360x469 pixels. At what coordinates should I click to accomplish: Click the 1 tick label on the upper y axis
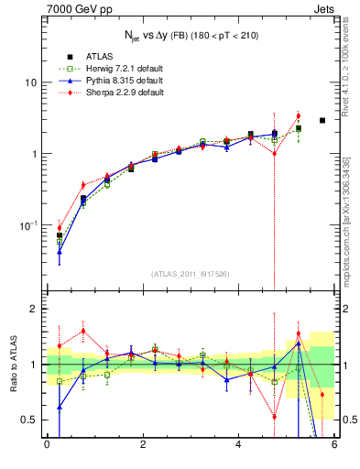click(x=33, y=154)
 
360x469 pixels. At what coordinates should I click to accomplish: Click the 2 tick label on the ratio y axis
click(x=33, y=310)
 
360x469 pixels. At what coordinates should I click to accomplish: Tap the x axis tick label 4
click(x=238, y=445)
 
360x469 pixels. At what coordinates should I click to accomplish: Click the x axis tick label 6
click(x=334, y=445)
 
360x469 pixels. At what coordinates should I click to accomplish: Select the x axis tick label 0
click(x=47, y=445)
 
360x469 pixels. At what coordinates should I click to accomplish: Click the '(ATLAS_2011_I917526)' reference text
click(x=190, y=274)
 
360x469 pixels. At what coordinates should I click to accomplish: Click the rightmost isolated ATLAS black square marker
click(x=322, y=120)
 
